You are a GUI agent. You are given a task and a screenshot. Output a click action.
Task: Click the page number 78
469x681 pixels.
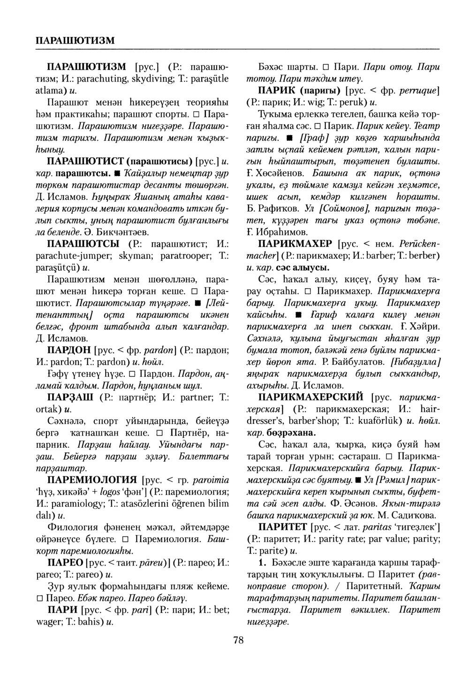click(238, 640)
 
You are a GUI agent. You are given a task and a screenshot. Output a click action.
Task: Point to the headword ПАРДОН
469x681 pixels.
click(69, 350)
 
